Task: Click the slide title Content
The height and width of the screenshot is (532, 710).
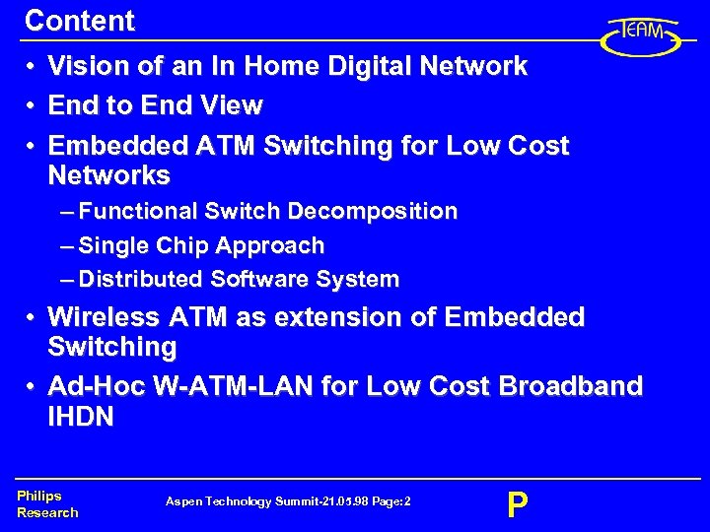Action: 79,21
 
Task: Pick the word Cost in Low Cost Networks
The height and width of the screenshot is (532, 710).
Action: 538,146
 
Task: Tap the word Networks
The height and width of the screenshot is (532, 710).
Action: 108,176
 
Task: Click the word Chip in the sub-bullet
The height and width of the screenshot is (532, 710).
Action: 179,245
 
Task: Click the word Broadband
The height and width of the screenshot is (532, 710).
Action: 571,385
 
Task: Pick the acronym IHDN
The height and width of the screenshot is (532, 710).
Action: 81,417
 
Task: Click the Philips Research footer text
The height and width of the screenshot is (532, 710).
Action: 46,504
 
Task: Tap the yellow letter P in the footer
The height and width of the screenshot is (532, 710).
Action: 517,505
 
